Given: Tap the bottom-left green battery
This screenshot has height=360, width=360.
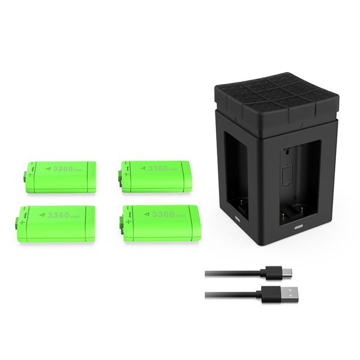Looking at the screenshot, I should (x=56, y=223).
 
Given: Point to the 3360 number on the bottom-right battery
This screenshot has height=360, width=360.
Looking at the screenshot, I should (x=163, y=214).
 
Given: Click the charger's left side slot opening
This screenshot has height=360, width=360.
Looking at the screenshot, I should (x=236, y=174).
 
